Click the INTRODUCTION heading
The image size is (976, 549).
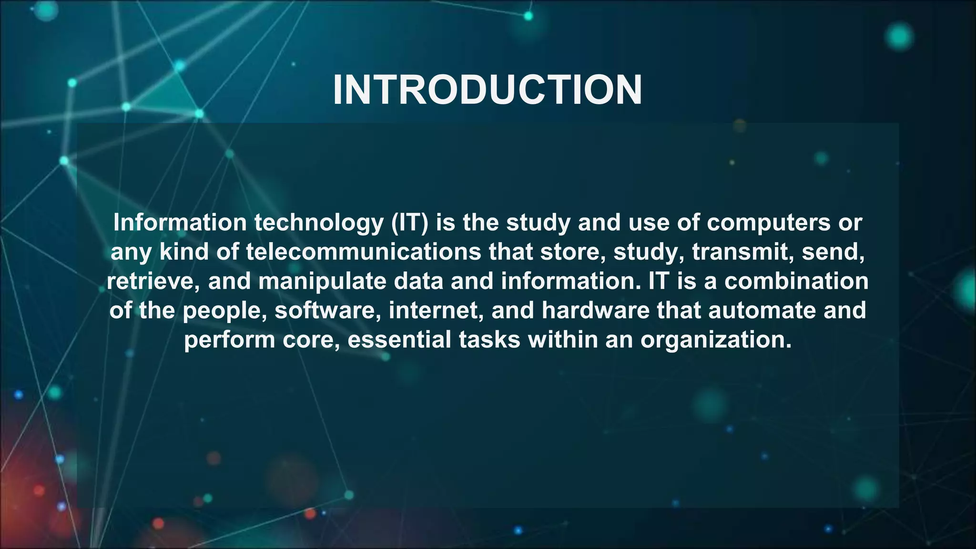pyautogui.click(x=487, y=90)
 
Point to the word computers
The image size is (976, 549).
pyautogui.click(x=769, y=223)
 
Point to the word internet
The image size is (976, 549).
pyautogui.click(x=436, y=311)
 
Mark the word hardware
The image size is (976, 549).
pyautogui.click(x=595, y=311)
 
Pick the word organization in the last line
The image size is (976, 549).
pyautogui.click(x=715, y=340)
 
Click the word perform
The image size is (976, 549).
pyautogui.click(x=229, y=340)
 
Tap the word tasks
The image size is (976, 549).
pyautogui.click(x=489, y=340)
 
